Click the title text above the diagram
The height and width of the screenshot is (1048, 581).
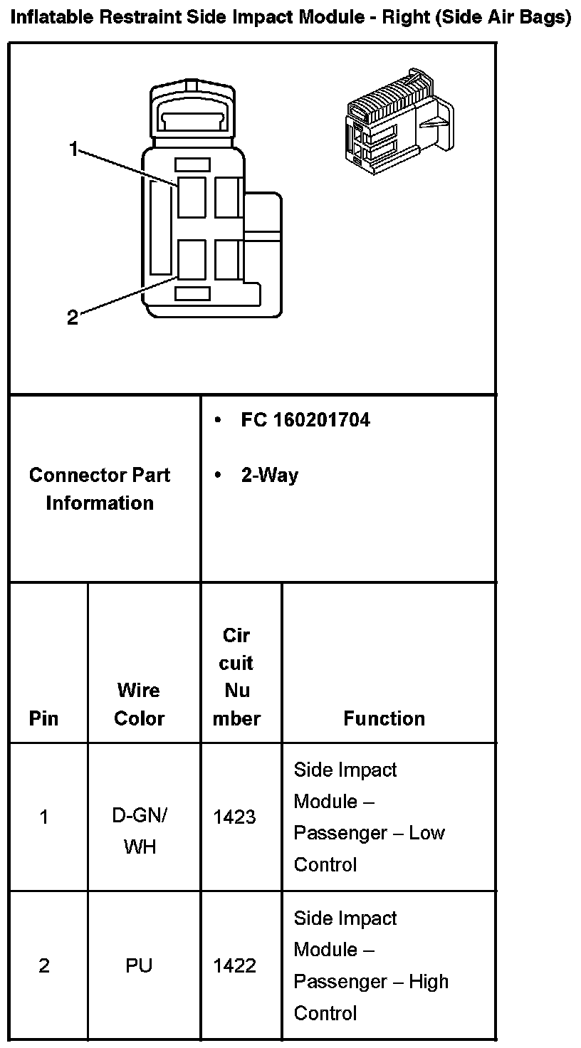click(x=290, y=18)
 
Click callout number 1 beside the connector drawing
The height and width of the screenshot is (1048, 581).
click(x=73, y=148)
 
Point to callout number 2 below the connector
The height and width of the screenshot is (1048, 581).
click(x=72, y=318)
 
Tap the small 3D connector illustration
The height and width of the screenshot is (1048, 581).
click(x=399, y=121)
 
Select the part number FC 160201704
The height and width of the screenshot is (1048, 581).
click(x=305, y=420)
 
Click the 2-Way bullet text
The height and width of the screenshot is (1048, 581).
click(x=270, y=476)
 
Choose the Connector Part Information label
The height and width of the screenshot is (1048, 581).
click(x=100, y=489)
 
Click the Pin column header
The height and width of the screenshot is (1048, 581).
click(x=43, y=718)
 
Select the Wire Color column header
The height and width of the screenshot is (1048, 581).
click(x=140, y=704)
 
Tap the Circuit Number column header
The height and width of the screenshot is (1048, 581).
click(x=236, y=676)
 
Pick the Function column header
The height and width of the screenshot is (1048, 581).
click(x=384, y=718)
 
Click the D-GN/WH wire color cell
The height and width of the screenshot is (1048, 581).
click(x=140, y=831)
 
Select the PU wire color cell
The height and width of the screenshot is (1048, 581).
click(x=140, y=966)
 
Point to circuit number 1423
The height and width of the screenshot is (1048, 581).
click(x=234, y=817)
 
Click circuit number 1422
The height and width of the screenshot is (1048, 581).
click(x=234, y=966)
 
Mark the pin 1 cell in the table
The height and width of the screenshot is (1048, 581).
click(x=44, y=817)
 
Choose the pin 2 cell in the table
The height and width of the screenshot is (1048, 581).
click(x=44, y=966)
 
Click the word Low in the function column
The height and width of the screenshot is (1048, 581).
click(x=427, y=833)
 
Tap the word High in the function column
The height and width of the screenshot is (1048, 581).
click(x=429, y=982)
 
